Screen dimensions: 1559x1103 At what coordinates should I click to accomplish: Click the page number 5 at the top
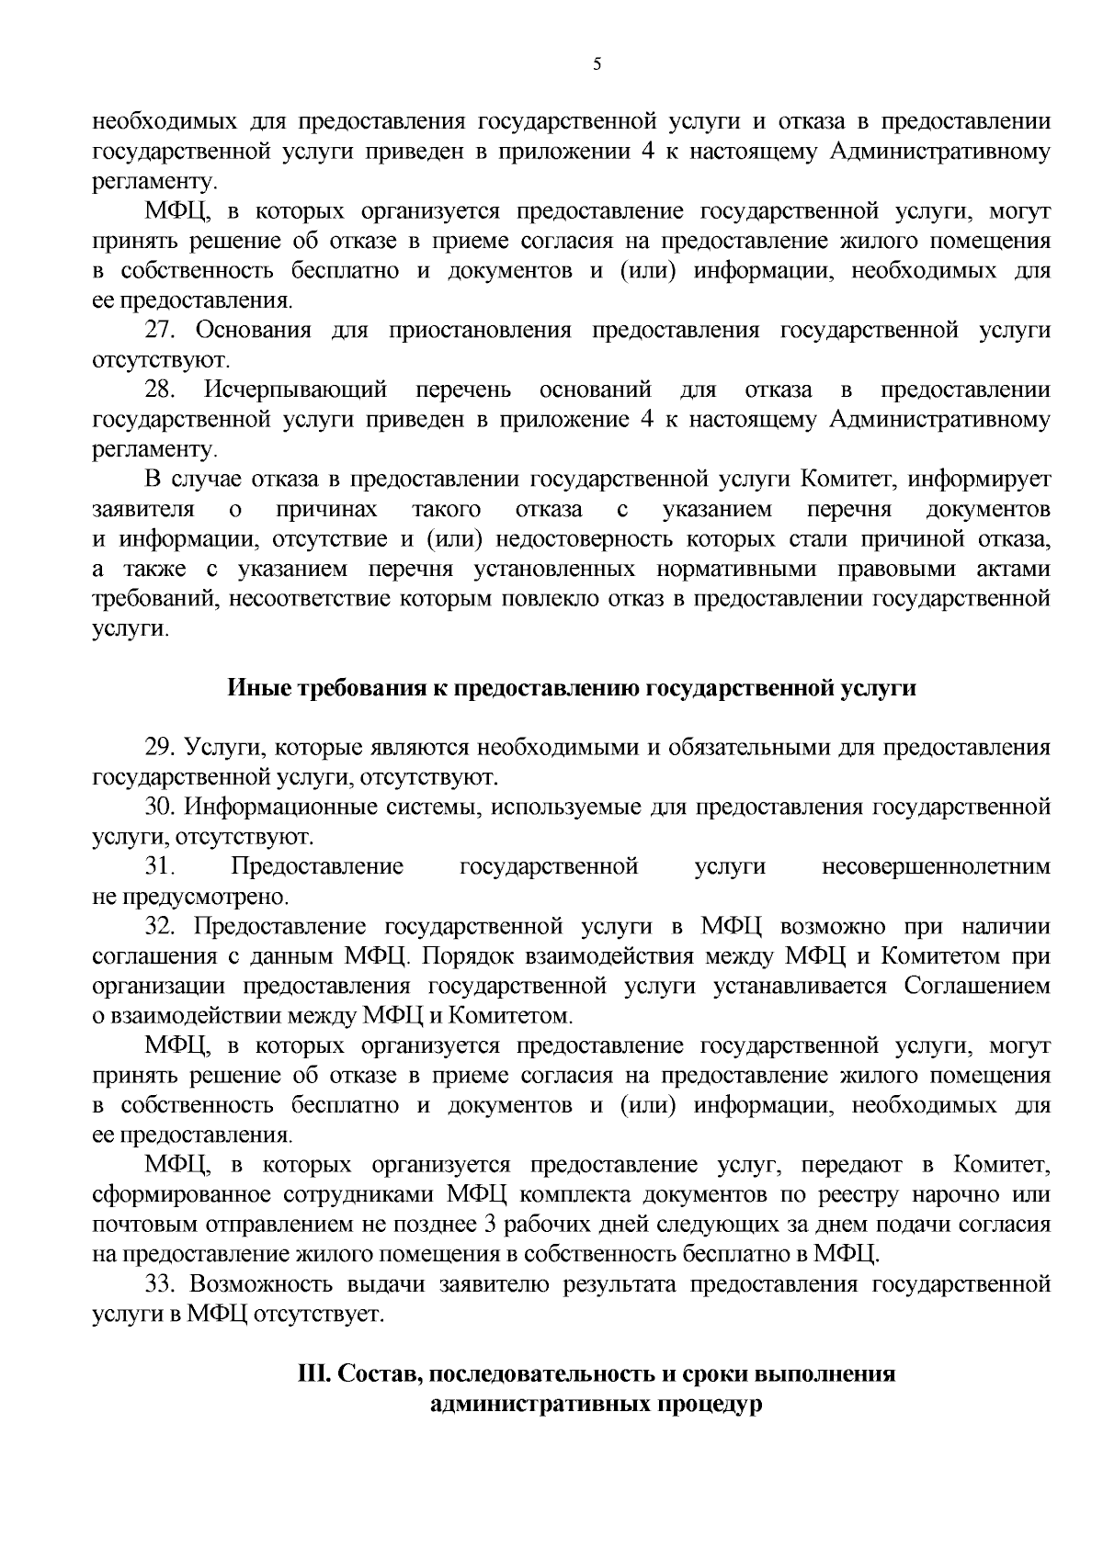point(597,64)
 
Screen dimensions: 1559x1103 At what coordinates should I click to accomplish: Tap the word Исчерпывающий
point(295,390)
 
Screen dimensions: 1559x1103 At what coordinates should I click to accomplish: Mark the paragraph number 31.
point(160,866)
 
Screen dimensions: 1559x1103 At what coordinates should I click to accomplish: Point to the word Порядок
point(471,956)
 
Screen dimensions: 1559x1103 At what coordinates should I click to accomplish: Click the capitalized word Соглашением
point(976,986)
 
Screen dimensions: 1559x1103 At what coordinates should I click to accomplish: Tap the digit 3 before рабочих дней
point(487,1225)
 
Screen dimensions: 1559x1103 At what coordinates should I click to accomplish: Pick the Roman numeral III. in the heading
point(313,1375)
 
